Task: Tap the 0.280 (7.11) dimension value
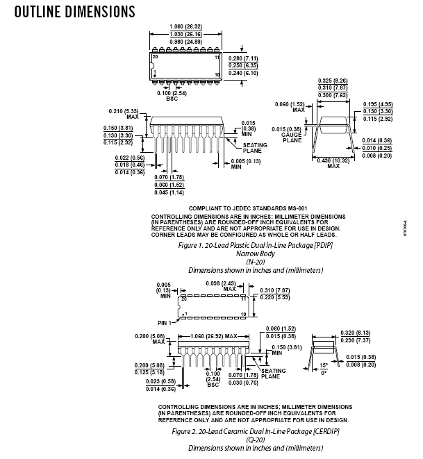pos(244,58)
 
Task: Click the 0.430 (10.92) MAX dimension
pos(333,162)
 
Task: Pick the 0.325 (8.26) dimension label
pos(333,81)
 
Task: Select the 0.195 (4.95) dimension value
pos(379,103)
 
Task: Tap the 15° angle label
pos(323,365)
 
